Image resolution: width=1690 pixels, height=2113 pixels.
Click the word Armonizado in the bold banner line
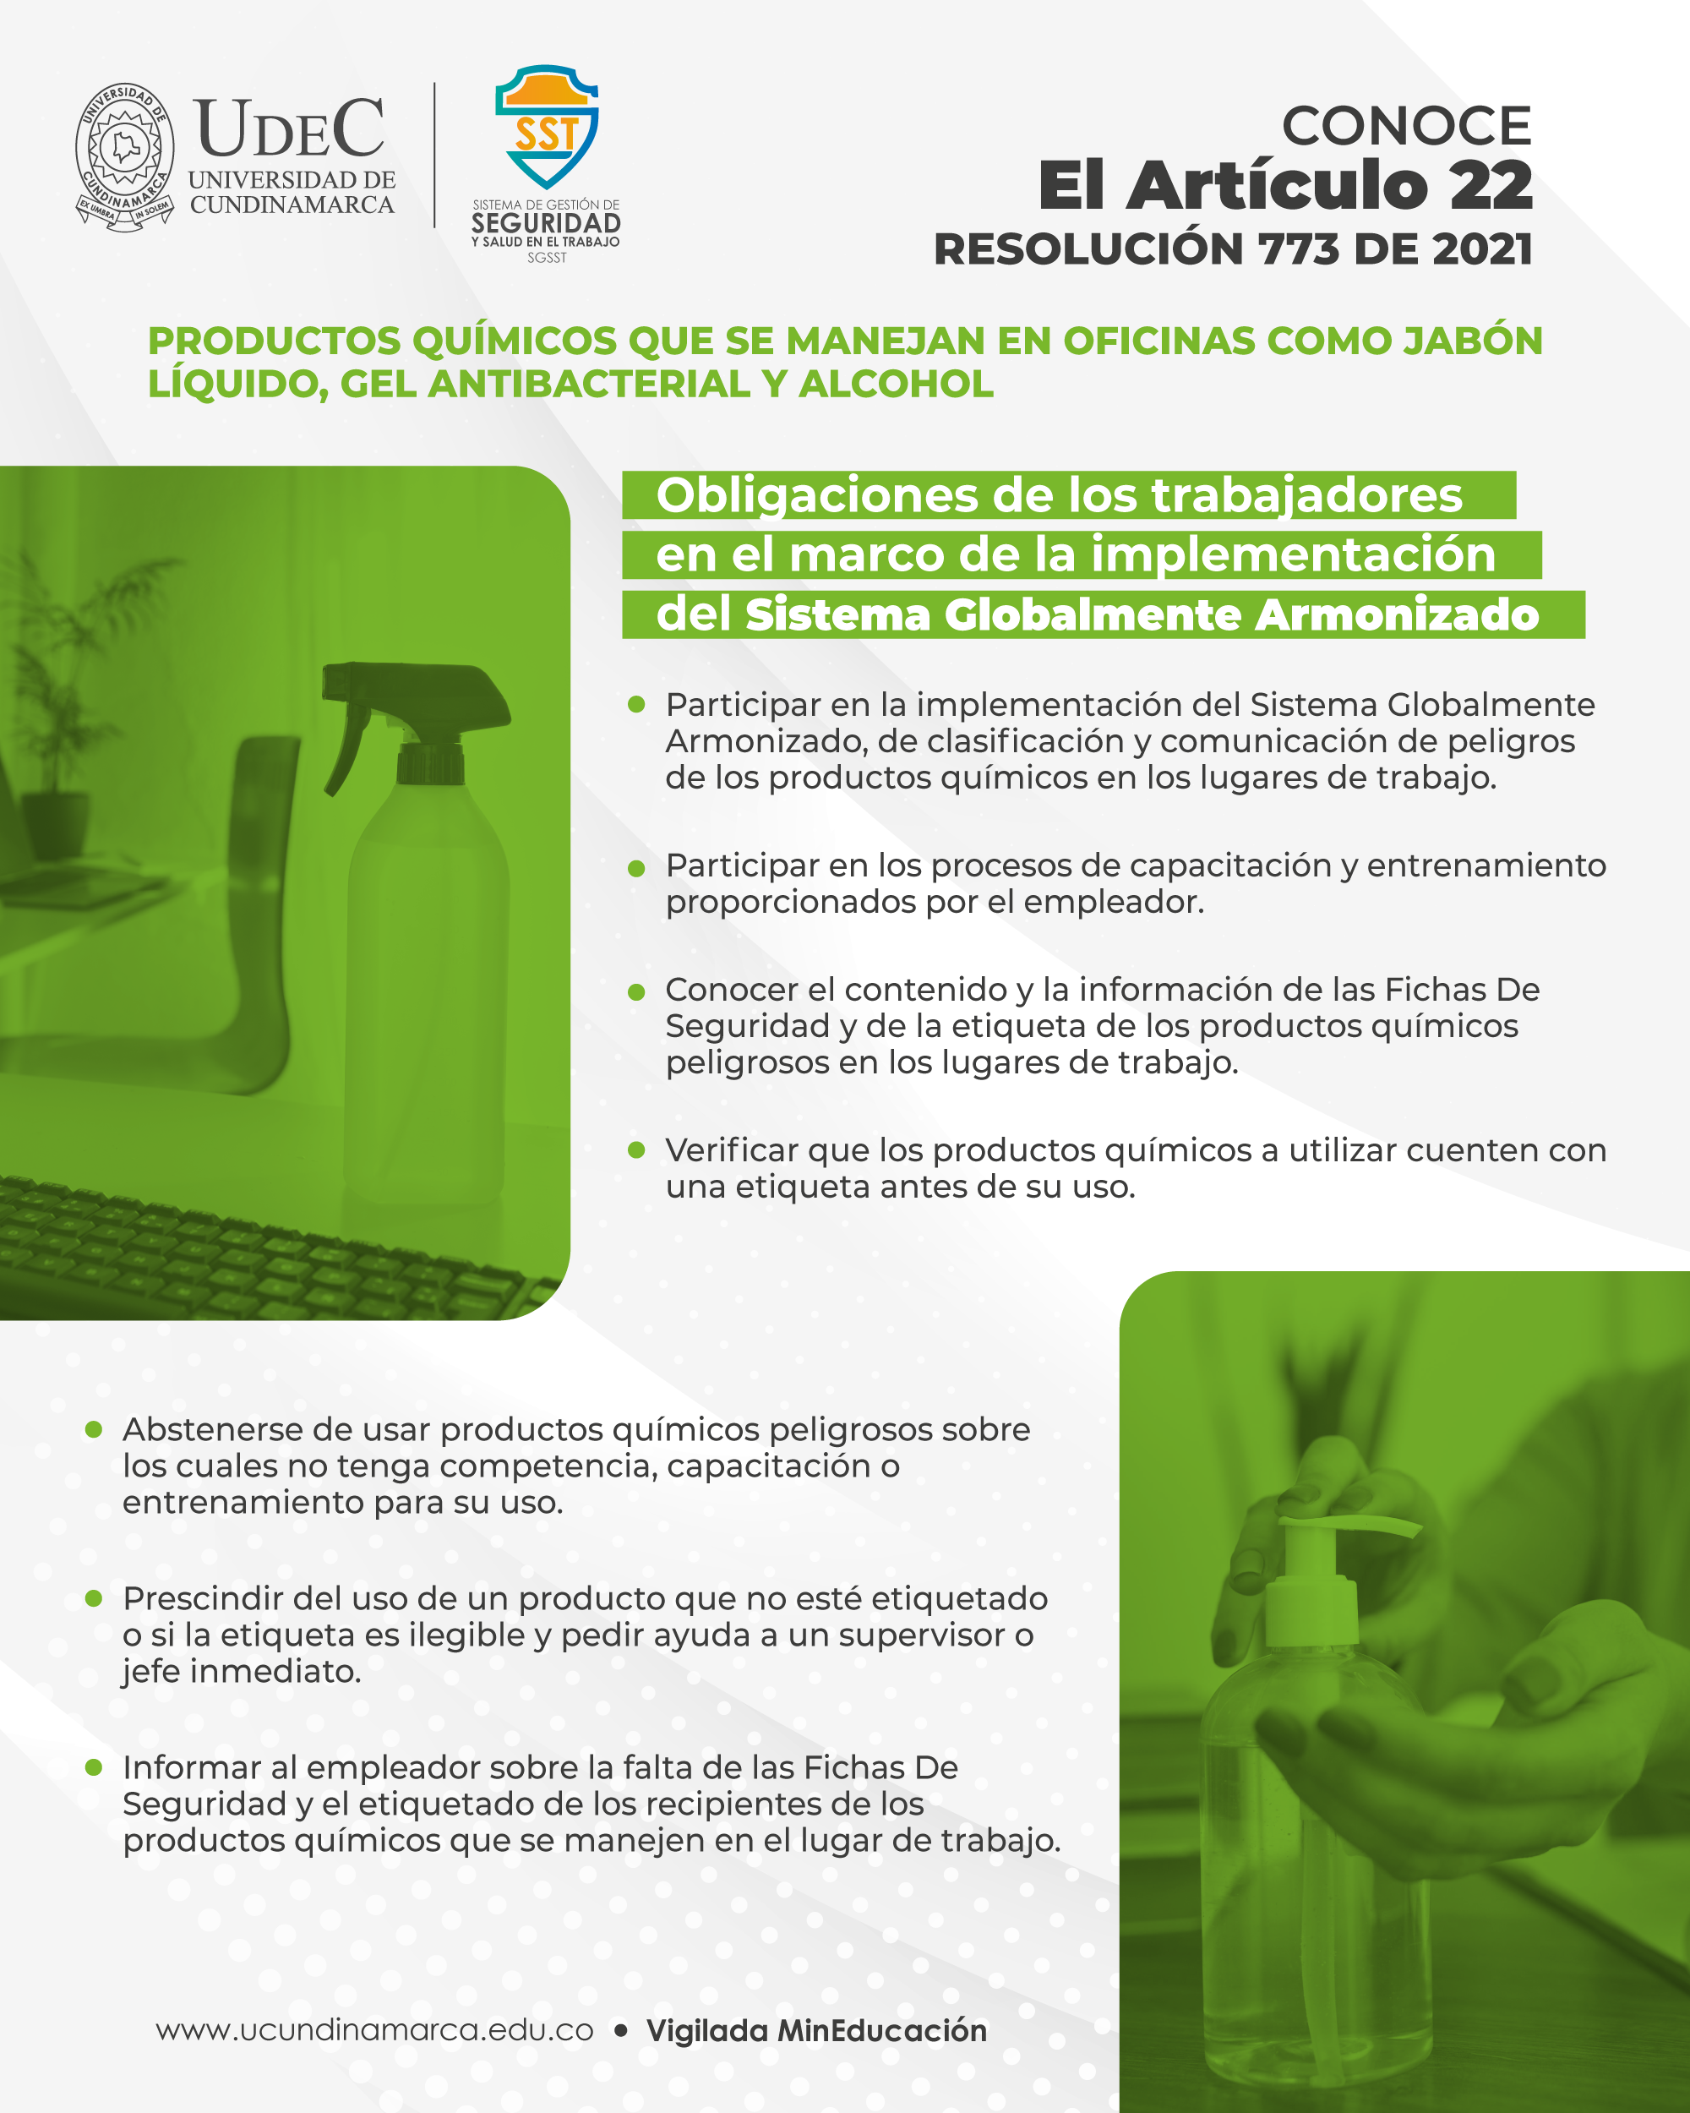click(x=1397, y=614)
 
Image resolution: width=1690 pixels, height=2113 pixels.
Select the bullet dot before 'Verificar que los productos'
click(x=635, y=1149)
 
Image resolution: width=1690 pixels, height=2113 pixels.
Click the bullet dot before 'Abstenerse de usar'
click(x=94, y=1429)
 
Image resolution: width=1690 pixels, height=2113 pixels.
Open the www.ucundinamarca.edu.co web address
click(x=374, y=2029)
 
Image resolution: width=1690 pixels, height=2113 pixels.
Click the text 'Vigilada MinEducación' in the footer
click(x=816, y=2029)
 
